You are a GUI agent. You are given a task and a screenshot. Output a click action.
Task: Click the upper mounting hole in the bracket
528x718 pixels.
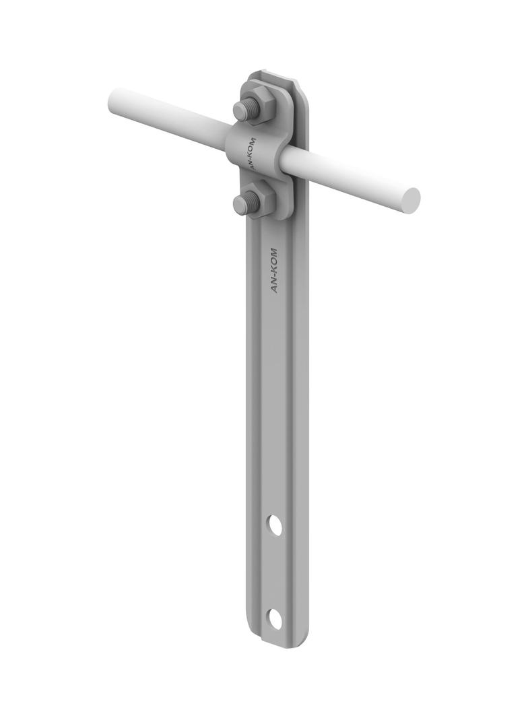point(275,525)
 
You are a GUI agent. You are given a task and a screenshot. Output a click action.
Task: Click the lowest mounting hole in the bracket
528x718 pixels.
point(274,618)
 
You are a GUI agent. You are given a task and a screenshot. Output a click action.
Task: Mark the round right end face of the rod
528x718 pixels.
point(409,198)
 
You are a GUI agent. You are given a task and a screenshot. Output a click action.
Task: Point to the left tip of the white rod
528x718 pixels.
point(113,101)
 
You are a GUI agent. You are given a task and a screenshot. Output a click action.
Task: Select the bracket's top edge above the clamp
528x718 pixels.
point(273,75)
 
